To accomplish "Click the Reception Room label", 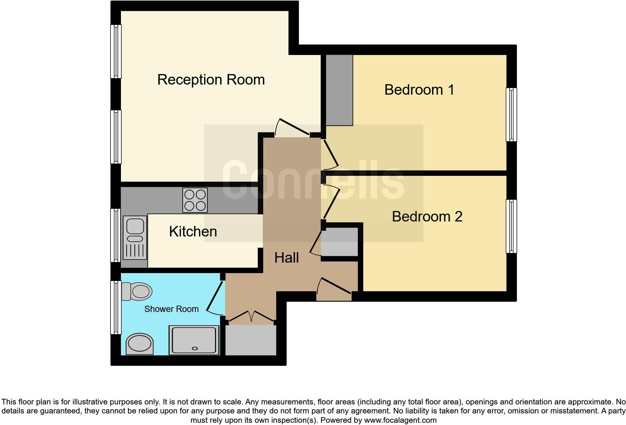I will [211, 80].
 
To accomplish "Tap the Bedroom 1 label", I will [419, 90].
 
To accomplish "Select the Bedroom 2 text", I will [427, 217].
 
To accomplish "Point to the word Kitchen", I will [193, 232].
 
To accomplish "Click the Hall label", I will [286, 258].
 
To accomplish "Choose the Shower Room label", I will [171, 309].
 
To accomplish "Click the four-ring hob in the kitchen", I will [195, 200].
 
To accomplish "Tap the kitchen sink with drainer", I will [135, 238].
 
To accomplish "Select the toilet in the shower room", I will [136, 291].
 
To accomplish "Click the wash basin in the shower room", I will [140, 344].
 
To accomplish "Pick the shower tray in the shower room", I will [194, 340].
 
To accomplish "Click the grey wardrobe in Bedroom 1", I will [339, 90].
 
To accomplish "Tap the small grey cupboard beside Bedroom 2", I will [340, 242].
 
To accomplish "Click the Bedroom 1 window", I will [511, 114].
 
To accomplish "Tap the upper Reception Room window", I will [116, 51].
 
